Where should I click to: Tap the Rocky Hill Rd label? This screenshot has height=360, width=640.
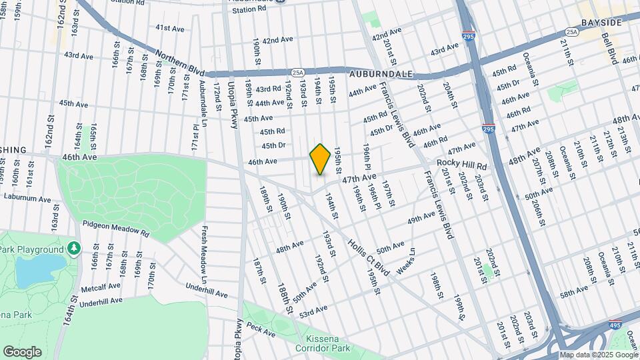click(462, 165)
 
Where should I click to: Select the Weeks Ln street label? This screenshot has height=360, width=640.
click(406, 259)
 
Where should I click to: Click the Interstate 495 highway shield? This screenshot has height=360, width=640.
click(616, 326)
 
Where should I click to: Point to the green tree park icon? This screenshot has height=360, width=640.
click(73, 249)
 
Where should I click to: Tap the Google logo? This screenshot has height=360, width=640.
click(23, 351)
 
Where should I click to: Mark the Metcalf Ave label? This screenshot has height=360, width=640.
click(101, 285)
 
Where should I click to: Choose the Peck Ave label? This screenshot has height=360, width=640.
click(256, 327)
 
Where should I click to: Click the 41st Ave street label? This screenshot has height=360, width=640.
click(170, 28)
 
